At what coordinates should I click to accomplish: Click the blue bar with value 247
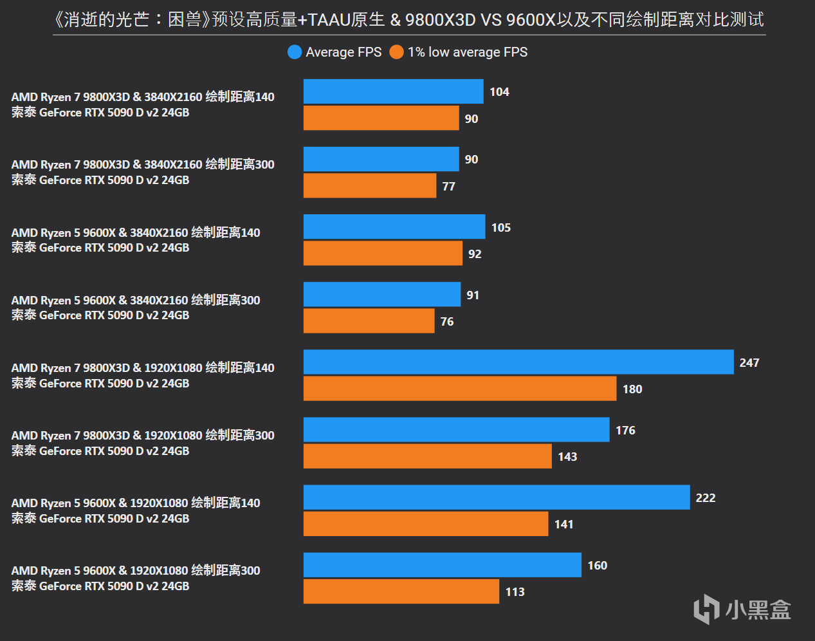tap(518, 362)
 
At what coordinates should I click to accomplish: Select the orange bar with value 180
tap(460, 388)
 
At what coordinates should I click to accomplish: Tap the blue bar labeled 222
tap(497, 497)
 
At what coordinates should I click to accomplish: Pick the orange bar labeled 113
tap(401, 591)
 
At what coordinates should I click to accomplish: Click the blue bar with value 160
tap(443, 564)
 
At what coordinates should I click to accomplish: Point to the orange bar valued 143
tap(428, 456)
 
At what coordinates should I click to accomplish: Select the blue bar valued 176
tap(456, 429)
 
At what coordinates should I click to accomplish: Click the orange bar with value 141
tap(426, 523)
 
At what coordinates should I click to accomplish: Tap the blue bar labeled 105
tap(394, 227)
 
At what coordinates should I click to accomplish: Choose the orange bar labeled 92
tap(383, 253)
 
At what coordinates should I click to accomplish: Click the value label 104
tap(499, 92)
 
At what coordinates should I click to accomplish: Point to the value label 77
tap(448, 187)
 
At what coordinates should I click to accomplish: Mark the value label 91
tap(473, 295)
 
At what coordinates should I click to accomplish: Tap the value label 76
tap(447, 322)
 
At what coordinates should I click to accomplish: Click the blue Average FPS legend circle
tap(295, 52)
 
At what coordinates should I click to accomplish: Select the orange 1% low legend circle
tap(396, 52)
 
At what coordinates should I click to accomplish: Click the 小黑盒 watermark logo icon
tap(706, 609)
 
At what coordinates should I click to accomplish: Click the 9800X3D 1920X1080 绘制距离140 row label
tap(143, 375)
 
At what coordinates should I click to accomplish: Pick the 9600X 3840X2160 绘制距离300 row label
tap(136, 308)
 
